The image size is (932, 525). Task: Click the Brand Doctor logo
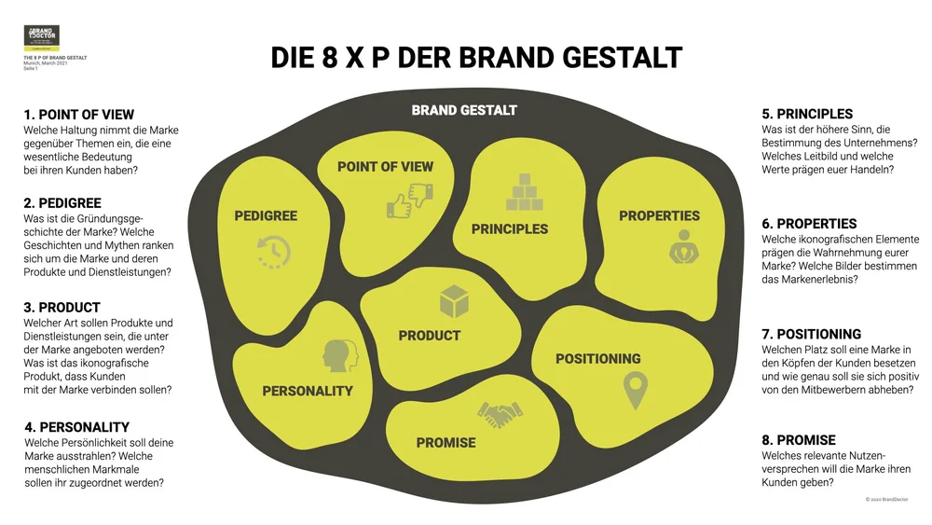41,38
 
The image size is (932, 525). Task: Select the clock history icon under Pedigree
273,250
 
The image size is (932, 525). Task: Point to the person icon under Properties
683,246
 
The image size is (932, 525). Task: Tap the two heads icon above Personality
338,355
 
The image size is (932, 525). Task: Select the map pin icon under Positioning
635,390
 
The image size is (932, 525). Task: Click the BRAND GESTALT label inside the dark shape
464,110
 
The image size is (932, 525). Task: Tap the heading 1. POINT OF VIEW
79,115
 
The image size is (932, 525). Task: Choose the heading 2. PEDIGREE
62,202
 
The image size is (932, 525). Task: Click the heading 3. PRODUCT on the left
62,307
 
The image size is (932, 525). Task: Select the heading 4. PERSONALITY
77,427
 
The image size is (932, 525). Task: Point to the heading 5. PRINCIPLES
807,115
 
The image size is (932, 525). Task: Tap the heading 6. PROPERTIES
809,224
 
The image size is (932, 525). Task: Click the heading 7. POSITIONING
811,334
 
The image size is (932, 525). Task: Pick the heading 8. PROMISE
799,439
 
